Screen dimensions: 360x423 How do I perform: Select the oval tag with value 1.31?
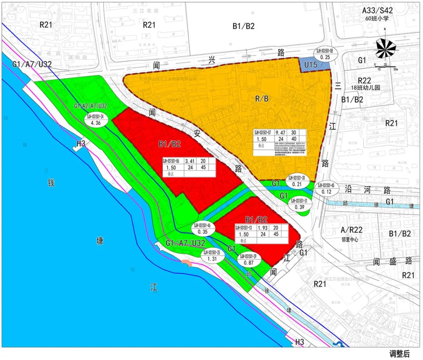[213, 256]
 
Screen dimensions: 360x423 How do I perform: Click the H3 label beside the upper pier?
[81, 144]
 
